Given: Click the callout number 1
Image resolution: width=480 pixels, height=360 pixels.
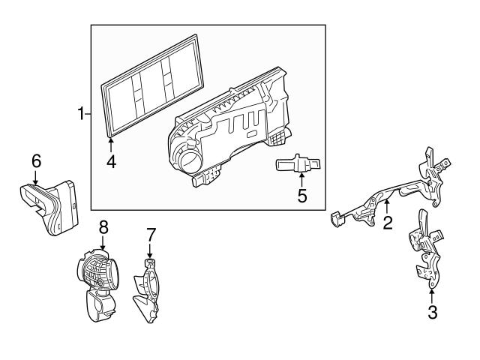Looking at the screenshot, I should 81,114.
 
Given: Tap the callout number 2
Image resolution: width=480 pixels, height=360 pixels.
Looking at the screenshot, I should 388,222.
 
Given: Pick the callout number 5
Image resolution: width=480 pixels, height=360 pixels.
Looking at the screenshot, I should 301,196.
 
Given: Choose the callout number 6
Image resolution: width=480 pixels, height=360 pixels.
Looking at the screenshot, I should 35,160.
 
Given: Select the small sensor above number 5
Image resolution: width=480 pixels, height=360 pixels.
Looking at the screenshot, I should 298,163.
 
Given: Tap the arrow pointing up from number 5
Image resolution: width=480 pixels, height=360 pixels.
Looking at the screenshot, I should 301,178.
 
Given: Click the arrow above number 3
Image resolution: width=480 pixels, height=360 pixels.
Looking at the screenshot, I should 432,294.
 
